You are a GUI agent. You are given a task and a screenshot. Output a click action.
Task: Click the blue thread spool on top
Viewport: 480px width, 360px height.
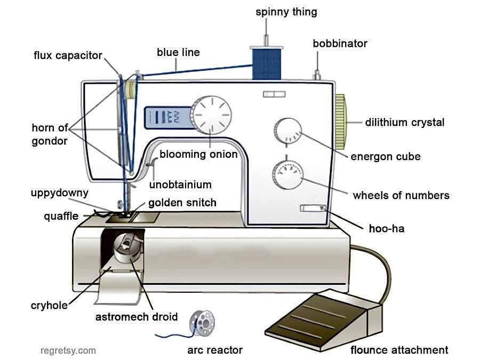[x=266, y=63]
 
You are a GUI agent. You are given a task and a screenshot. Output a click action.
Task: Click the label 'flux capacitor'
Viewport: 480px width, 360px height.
[x=68, y=55]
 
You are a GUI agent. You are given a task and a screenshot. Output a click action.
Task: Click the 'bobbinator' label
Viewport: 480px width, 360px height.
[x=340, y=43]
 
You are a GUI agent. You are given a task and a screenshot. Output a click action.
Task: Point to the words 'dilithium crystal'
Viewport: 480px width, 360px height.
[x=404, y=122]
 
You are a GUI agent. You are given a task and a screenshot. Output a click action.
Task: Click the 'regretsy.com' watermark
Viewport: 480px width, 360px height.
[x=68, y=350]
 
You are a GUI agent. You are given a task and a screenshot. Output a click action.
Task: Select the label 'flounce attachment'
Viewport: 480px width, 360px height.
[x=399, y=350]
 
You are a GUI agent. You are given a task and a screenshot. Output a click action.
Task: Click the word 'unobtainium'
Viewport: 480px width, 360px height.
[x=180, y=185]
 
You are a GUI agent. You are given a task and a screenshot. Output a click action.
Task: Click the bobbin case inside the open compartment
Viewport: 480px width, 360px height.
[x=126, y=246]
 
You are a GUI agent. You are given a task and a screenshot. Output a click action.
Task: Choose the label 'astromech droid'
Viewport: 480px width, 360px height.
[x=136, y=317]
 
